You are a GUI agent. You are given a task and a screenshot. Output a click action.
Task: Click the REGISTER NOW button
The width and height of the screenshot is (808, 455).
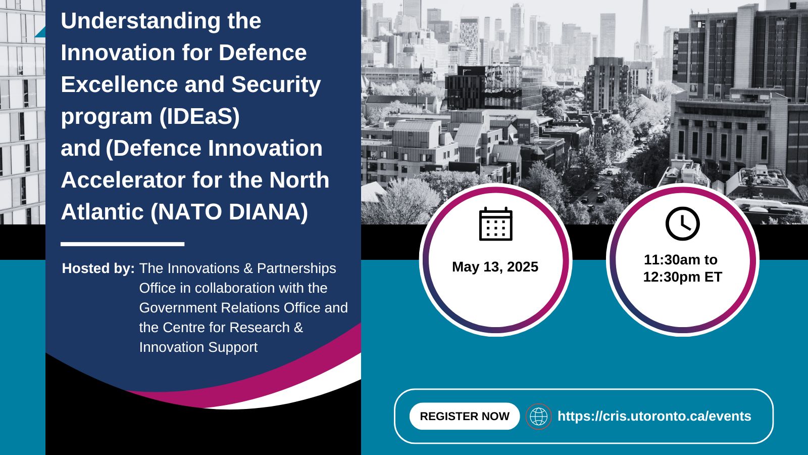coord(465,416)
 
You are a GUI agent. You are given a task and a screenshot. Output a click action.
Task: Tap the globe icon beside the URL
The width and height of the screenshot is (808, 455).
coord(538,417)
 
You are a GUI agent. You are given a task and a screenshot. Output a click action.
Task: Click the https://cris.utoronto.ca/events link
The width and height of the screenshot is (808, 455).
coord(654,416)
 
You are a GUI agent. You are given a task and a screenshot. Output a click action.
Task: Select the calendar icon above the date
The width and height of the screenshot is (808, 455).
coord(495,224)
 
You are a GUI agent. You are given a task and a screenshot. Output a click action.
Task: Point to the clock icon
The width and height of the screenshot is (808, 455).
coord(682,223)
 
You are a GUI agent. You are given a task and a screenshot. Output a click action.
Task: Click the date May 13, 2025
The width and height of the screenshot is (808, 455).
coord(495,267)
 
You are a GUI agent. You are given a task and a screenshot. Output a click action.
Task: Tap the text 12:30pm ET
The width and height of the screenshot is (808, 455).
coord(682,277)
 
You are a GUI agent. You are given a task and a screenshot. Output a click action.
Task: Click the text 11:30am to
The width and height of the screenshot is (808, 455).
coord(681,260)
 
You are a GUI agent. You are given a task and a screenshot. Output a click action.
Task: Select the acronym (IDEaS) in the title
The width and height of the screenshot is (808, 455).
coord(199,116)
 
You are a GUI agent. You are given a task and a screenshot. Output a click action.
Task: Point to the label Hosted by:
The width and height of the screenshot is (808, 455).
coord(98,268)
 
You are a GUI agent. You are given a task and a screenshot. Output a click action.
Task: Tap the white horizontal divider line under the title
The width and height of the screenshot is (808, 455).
coord(123,245)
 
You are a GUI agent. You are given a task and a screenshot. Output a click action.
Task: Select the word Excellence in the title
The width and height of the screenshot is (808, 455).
coord(119,84)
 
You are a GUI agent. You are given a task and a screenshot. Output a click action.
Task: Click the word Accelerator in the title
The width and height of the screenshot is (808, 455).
coord(123,180)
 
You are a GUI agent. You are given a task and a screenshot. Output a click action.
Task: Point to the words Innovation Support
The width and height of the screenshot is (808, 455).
coord(198,347)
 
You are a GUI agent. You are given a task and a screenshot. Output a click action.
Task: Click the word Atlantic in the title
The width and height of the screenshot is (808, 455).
coord(103,212)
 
